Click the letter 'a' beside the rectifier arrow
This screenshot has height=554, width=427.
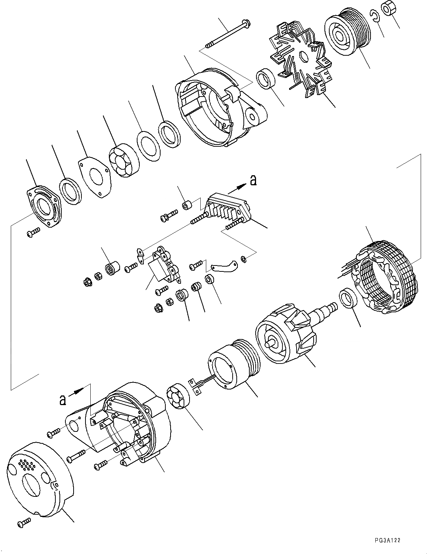[253, 180]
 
